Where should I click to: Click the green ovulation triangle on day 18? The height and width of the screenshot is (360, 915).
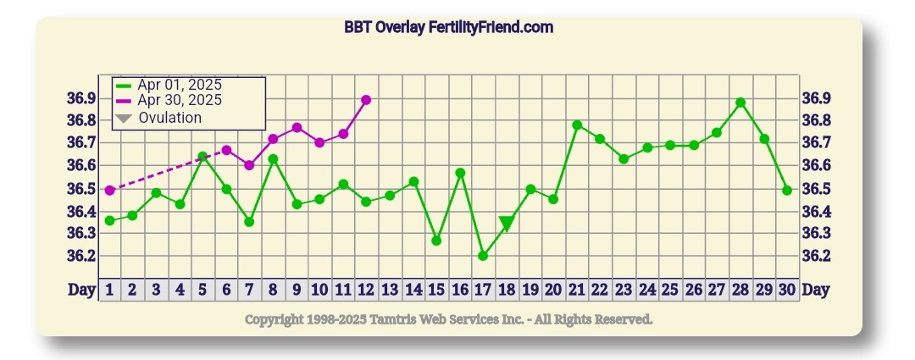507,223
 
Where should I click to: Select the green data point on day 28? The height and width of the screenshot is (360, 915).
740,102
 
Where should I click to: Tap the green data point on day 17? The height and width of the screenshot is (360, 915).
483,255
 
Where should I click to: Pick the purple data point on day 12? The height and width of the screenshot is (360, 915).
366,100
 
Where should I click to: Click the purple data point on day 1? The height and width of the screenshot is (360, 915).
109,191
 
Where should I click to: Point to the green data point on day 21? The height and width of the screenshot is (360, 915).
577,125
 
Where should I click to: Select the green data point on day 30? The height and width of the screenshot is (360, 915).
787,191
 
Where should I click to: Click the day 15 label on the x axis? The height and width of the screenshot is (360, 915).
435,290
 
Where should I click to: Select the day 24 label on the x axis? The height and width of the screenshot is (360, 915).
646,290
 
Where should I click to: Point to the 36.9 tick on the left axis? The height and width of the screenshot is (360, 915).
81,98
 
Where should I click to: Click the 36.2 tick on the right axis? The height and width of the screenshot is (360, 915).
817,256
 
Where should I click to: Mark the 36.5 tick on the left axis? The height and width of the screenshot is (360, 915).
81,188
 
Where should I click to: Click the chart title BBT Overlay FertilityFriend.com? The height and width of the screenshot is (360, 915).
448,27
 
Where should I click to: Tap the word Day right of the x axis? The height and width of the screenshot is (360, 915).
816,290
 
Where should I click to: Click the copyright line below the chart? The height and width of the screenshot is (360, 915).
448,319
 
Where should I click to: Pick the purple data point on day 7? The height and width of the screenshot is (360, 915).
249,165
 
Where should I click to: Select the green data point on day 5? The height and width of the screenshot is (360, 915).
202,157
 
